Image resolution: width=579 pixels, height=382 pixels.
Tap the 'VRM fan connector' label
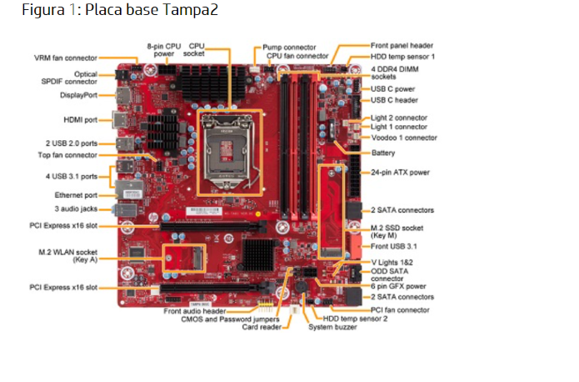click(x=65, y=58)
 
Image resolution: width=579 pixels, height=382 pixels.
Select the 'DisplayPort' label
click(x=78, y=96)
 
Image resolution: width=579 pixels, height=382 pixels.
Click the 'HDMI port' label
click(x=82, y=120)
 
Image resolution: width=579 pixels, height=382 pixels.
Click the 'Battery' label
click(x=383, y=153)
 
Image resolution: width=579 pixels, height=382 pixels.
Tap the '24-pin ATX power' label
click(x=400, y=173)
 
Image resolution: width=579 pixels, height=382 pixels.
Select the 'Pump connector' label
click(x=289, y=48)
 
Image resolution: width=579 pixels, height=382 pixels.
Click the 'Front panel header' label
click(x=402, y=45)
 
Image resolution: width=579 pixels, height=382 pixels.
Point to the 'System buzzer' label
click(x=332, y=327)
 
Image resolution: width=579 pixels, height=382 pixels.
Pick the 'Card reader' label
click(x=262, y=327)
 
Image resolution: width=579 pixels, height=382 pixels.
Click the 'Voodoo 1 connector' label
click(x=403, y=138)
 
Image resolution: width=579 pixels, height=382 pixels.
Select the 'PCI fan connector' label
click(x=400, y=309)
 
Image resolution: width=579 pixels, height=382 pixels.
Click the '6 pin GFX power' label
click(x=398, y=286)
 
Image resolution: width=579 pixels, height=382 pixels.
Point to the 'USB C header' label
click(x=394, y=99)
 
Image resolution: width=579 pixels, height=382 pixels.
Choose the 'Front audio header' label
click(x=195, y=310)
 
